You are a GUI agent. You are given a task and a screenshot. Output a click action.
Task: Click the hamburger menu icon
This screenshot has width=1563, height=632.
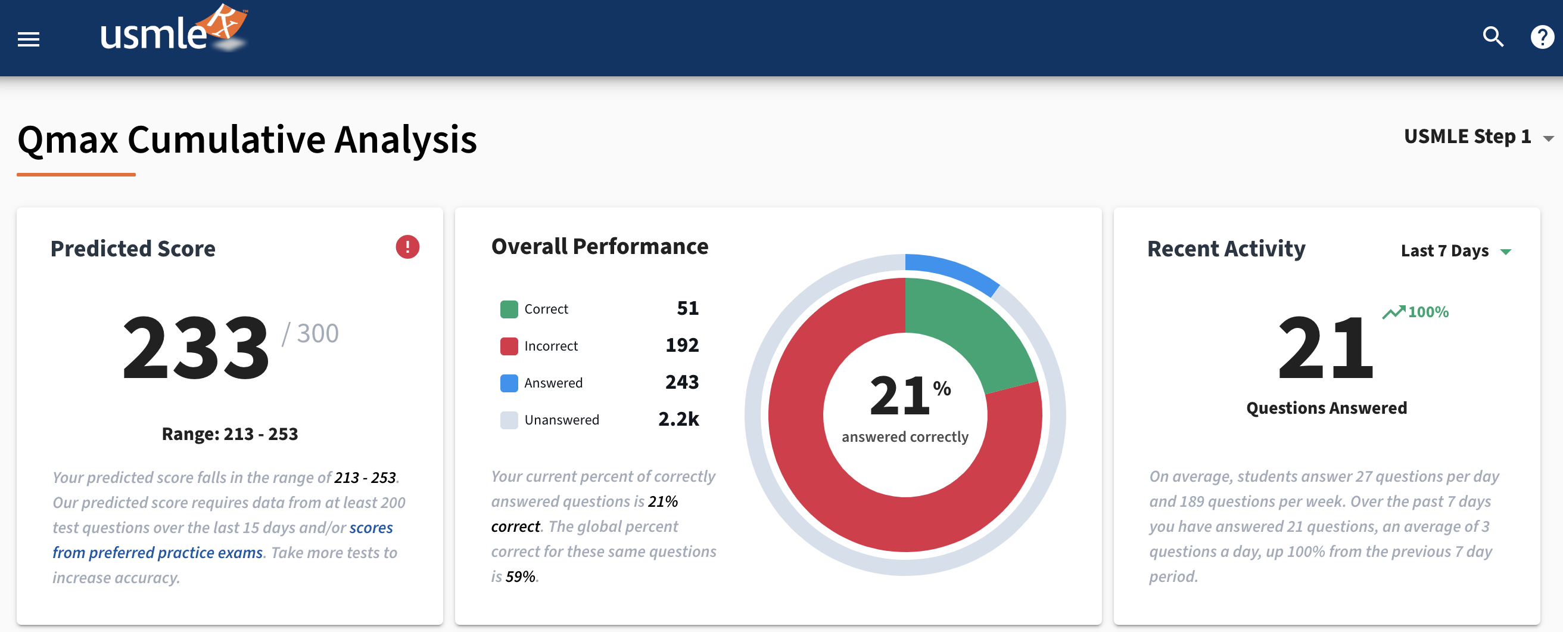pyautogui.click(x=29, y=39)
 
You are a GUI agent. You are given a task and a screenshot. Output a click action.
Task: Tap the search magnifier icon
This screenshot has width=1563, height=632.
pyautogui.click(x=1493, y=37)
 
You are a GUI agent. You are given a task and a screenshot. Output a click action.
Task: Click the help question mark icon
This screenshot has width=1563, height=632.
pyautogui.click(x=1542, y=37)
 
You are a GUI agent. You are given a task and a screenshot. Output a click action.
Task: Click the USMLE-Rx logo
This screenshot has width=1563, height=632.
pyautogui.click(x=173, y=30)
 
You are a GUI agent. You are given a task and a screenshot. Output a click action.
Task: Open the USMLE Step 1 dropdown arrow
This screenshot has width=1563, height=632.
pyautogui.click(x=1548, y=138)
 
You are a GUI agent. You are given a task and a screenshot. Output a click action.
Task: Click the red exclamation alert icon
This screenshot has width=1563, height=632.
pyautogui.click(x=407, y=246)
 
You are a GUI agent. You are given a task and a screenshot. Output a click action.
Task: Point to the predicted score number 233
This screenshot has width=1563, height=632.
pyautogui.click(x=195, y=348)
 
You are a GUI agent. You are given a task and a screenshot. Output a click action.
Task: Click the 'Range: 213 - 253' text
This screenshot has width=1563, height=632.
pyautogui.click(x=229, y=434)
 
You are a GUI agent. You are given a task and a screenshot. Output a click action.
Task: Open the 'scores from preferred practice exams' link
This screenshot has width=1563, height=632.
pyautogui.click(x=370, y=528)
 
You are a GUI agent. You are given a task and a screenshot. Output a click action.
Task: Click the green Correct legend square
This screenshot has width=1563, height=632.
pyautogui.click(x=509, y=309)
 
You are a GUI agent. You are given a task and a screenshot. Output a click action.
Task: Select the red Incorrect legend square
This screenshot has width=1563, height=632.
pyautogui.click(x=509, y=346)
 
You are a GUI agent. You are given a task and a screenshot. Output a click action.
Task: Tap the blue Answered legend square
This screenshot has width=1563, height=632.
pyautogui.click(x=509, y=383)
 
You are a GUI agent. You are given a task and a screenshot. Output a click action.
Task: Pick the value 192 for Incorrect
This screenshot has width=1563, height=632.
pyautogui.click(x=681, y=345)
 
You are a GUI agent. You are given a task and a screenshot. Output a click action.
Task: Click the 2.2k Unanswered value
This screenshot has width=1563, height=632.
pyautogui.click(x=678, y=419)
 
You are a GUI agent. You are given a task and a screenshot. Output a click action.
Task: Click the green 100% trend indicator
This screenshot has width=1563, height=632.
pyautogui.click(x=1415, y=312)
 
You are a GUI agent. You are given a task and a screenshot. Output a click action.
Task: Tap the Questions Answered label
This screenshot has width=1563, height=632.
pyautogui.click(x=1326, y=408)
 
